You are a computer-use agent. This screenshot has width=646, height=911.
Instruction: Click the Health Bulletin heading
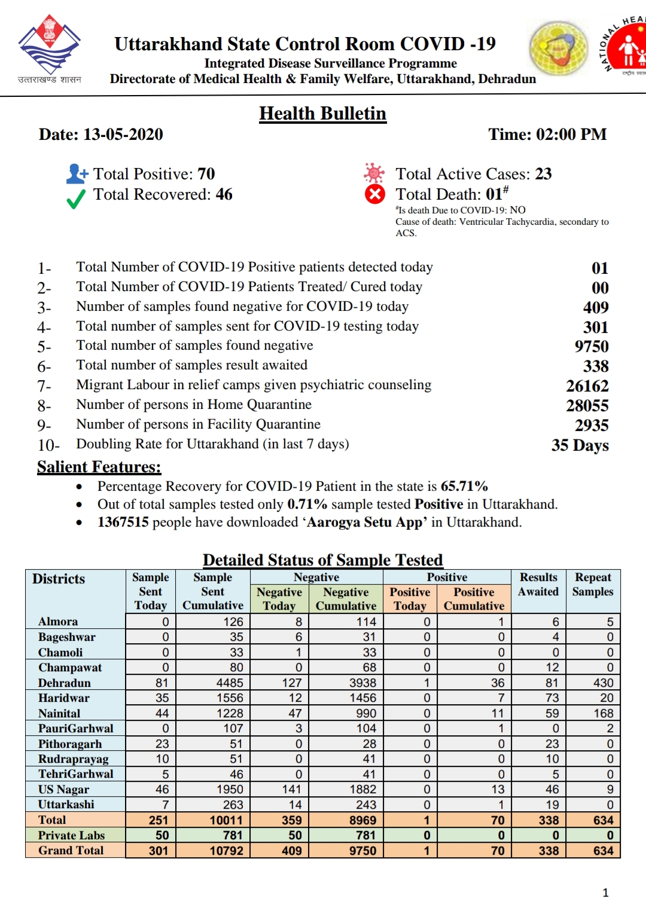[322, 114]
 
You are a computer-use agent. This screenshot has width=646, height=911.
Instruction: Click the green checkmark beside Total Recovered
[76, 199]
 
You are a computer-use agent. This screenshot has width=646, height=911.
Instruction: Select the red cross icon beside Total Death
[375, 194]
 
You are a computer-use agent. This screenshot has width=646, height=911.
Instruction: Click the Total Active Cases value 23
[543, 174]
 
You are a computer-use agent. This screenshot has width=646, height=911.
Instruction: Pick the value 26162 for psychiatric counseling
[587, 386]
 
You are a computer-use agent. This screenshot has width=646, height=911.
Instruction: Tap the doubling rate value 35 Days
[580, 445]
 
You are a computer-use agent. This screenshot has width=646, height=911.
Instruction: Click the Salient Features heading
[99, 467]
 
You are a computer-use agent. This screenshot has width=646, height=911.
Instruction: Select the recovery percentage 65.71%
[464, 486]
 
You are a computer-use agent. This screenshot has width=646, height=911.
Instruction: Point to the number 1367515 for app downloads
[123, 522]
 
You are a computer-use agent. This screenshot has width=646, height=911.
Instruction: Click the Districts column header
[59, 579]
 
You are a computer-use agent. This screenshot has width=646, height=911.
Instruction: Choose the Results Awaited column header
[538, 585]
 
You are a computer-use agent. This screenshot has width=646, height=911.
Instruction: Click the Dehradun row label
[65, 683]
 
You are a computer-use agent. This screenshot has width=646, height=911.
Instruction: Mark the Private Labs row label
[71, 835]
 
